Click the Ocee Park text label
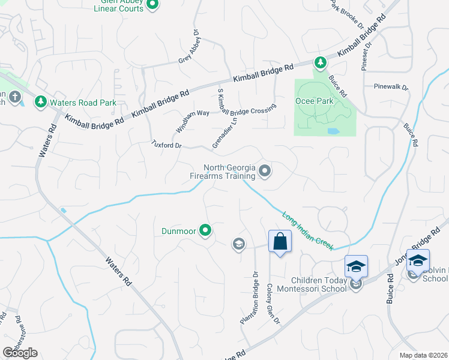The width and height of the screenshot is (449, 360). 314,101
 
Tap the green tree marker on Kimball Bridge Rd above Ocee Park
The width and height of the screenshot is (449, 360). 321,62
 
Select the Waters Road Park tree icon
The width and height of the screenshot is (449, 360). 41,102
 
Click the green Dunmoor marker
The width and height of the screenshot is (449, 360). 206,230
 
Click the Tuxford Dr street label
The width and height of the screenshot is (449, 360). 166,144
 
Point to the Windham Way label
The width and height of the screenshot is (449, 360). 192,121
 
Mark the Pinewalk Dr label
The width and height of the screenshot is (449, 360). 391,87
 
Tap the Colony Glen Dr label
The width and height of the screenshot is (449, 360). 273,304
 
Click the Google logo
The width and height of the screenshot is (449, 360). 20,352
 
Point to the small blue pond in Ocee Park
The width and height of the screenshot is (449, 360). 333,131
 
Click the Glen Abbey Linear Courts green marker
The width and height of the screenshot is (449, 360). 152,5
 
